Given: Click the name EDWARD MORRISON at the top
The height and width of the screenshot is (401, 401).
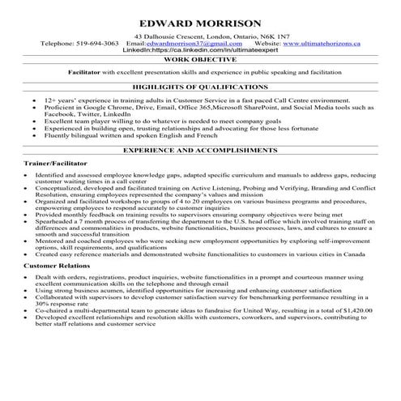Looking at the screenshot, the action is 200,23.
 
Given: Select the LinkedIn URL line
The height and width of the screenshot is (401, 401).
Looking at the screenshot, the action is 200,50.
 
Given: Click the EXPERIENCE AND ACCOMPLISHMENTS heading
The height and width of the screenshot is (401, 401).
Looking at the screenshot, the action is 200,151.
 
